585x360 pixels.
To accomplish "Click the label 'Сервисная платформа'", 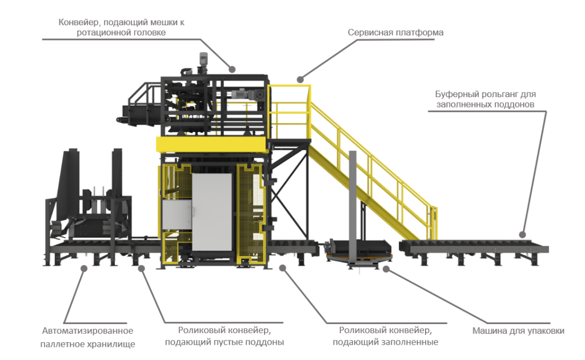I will tap(395, 33).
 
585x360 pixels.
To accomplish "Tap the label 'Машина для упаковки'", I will tap(518, 331).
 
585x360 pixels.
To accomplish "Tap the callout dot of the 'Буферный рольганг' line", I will tap(522, 234).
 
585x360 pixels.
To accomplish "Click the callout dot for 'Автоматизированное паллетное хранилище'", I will tap(83, 268).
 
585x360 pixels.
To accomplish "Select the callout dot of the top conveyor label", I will tap(233, 69).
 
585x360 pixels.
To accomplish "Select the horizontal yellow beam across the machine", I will tap(212, 143).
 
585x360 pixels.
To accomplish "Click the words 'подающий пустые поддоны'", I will tap(225, 342).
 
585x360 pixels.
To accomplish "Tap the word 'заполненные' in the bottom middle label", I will tap(414, 342).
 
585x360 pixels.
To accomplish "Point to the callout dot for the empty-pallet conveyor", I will tap(142, 268).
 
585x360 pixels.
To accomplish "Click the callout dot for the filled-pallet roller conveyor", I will tap(282, 267).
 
